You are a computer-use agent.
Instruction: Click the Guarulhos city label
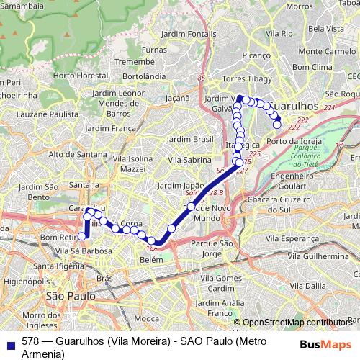pyautogui.click(x=297, y=104)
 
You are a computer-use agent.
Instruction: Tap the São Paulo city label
pyautogui.click(x=71, y=296)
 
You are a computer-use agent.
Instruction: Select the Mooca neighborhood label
pyautogui.click(x=147, y=318)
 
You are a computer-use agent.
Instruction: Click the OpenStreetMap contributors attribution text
pyautogui.click(x=297, y=323)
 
